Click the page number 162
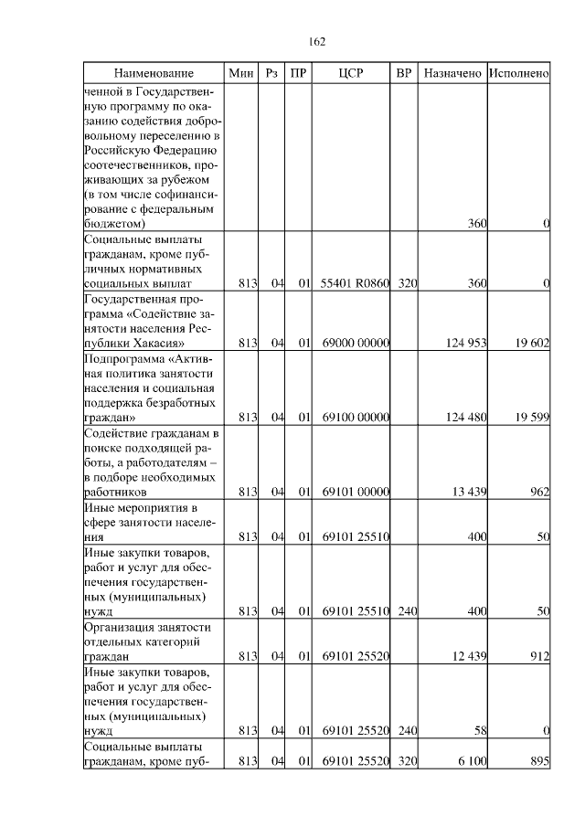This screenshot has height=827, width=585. point(317,42)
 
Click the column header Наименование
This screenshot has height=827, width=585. point(154,72)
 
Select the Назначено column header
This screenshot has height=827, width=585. point(452,72)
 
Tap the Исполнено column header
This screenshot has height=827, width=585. point(518,72)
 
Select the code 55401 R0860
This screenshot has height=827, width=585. point(356,284)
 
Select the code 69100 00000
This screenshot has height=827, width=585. point(356,418)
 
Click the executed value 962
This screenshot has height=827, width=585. point(538,492)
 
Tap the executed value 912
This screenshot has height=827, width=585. point(538,656)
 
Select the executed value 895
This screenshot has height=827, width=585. point(538,760)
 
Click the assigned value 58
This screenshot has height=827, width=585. point(479,731)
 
